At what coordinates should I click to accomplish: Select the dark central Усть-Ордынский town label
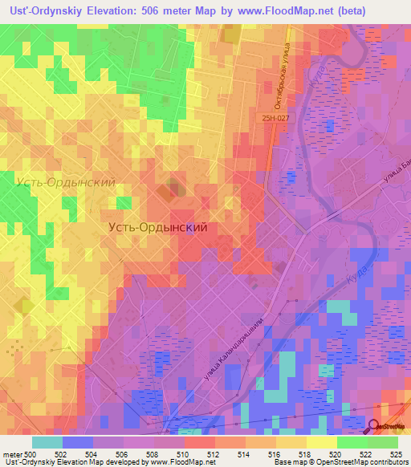click(158, 227)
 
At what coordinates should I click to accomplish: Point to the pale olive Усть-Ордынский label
click(65, 182)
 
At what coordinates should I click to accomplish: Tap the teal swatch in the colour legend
click(47, 442)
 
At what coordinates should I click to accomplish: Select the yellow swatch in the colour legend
click(322, 442)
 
